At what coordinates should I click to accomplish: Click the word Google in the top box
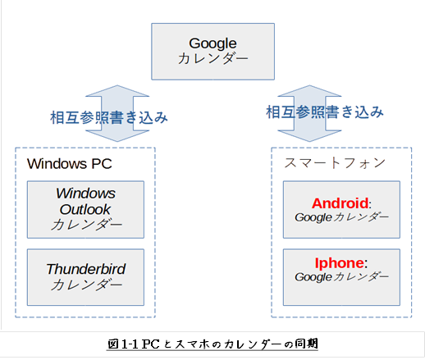click(x=212, y=43)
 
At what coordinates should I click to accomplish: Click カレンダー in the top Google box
click(x=212, y=58)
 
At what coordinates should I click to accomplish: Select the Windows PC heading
click(x=70, y=164)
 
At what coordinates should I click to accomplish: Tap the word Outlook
click(x=85, y=210)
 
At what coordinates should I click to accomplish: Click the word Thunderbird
click(x=86, y=269)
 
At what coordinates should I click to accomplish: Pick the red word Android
click(x=340, y=203)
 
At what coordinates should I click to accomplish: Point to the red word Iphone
click(x=340, y=263)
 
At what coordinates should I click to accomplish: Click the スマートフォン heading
click(x=335, y=163)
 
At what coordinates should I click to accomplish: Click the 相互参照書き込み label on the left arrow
click(x=109, y=118)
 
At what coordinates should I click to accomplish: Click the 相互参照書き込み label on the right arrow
click(x=325, y=112)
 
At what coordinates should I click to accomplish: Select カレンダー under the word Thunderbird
click(x=86, y=285)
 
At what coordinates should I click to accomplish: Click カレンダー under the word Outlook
click(x=86, y=225)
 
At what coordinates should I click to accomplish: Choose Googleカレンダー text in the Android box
click(x=341, y=217)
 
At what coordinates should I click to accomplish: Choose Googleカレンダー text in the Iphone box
click(x=341, y=277)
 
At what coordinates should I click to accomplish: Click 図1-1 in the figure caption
click(x=123, y=344)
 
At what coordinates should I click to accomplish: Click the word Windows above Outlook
click(x=86, y=194)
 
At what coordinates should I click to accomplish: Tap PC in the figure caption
click(x=151, y=344)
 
